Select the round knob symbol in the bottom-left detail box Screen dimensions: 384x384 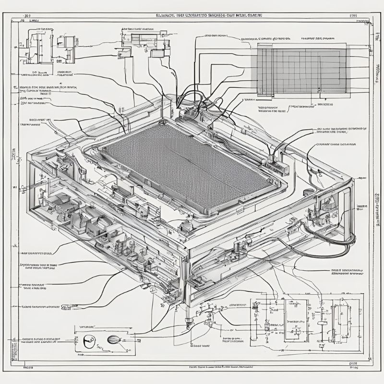(x=89, y=341)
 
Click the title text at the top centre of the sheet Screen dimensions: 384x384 (x=209, y=16)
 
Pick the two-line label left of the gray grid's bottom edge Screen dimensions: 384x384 (x=271, y=108)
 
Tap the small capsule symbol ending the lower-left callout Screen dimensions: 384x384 (x=75, y=306)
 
